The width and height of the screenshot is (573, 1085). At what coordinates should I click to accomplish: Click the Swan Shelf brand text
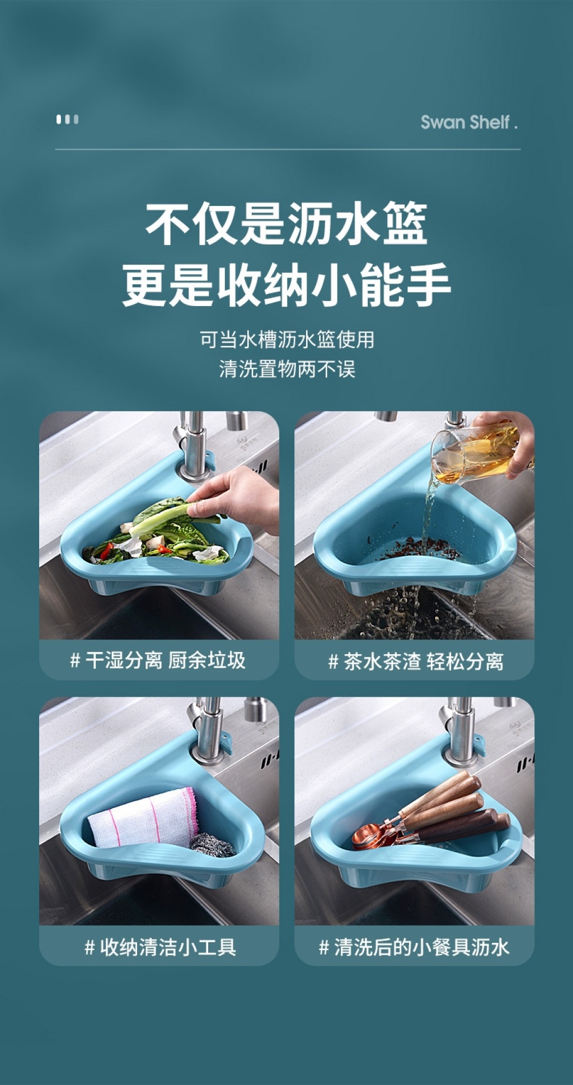[x=469, y=122]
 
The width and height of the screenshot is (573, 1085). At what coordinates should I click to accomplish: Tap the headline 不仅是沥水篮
[x=286, y=224]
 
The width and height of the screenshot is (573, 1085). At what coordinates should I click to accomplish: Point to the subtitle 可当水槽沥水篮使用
[x=287, y=339]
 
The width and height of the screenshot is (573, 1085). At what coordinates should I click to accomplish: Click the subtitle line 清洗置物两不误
[x=287, y=369]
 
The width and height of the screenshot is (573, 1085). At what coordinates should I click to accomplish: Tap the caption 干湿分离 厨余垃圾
[x=158, y=660]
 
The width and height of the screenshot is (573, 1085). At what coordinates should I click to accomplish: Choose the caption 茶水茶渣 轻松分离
[x=415, y=661]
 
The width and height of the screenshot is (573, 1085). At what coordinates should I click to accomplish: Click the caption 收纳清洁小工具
[x=160, y=947]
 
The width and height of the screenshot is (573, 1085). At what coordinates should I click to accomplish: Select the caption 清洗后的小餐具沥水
[x=414, y=947]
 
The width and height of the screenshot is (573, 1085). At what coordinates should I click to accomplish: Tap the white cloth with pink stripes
[x=143, y=818]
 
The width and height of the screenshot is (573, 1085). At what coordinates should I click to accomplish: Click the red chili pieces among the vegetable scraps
[x=165, y=548]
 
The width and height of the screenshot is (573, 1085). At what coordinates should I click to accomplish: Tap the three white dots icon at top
[x=67, y=119]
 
